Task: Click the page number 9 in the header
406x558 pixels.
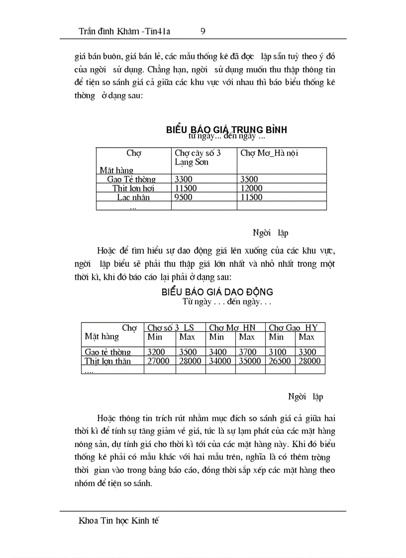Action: click(x=203, y=31)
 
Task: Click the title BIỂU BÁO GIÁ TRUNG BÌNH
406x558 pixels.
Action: click(x=226, y=130)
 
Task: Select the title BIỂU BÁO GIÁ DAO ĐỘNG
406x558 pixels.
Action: click(x=217, y=292)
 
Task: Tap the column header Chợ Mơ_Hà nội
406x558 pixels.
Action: click(x=269, y=154)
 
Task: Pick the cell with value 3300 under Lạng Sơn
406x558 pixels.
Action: click(x=184, y=179)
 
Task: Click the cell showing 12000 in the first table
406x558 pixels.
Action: click(x=252, y=188)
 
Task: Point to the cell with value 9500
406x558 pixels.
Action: click(x=184, y=197)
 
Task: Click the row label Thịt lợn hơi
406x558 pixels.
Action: click(x=133, y=188)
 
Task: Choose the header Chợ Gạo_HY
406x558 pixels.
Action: click(x=293, y=327)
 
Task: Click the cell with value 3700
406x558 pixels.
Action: click(x=247, y=352)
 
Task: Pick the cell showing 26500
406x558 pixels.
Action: click(x=280, y=361)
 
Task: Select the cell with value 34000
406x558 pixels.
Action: click(x=220, y=361)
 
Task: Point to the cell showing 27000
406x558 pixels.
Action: click(x=159, y=361)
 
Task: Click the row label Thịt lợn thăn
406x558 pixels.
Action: click(x=108, y=361)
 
